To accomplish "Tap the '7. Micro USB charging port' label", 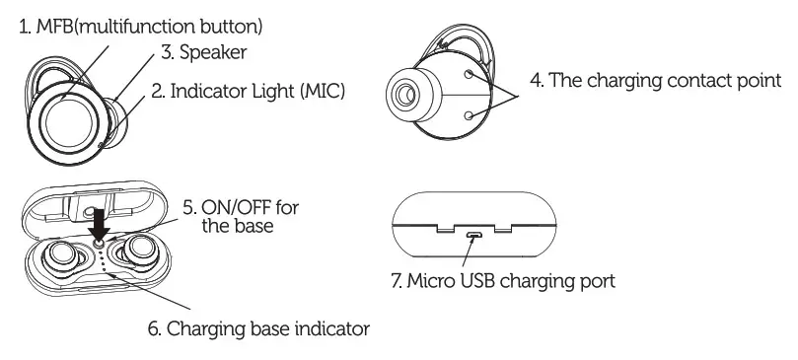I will (503, 281).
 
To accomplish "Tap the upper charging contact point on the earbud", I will (470, 75).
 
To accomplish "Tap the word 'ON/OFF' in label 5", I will (233, 207).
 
